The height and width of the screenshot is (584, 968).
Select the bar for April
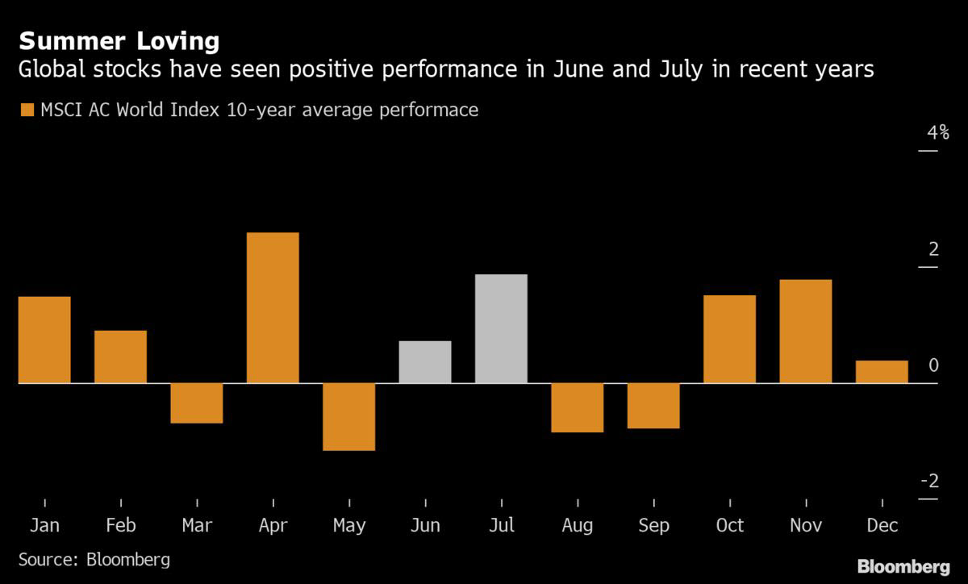(x=273, y=307)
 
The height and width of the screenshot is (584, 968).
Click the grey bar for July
(x=501, y=328)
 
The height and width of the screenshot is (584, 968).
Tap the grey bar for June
(x=425, y=361)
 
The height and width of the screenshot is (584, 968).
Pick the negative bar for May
(x=349, y=416)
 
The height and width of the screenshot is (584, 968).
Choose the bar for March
(x=197, y=403)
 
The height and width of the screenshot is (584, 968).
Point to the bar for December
(x=882, y=371)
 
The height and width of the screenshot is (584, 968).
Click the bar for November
(x=806, y=331)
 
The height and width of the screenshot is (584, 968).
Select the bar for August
(x=578, y=407)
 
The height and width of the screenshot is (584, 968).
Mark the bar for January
(x=44, y=340)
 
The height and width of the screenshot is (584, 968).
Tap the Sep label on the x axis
(x=653, y=526)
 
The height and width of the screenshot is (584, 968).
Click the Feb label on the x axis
(x=120, y=526)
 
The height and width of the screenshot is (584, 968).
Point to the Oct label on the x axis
(x=729, y=526)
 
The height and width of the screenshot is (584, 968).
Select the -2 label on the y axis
(x=929, y=482)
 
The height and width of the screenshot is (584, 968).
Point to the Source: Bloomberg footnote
(x=94, y=559)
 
